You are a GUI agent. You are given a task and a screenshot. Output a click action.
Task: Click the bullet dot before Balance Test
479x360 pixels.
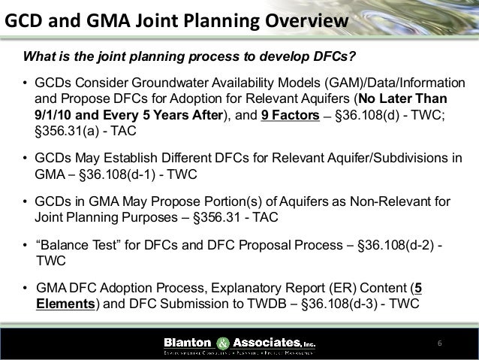pos(25,246)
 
